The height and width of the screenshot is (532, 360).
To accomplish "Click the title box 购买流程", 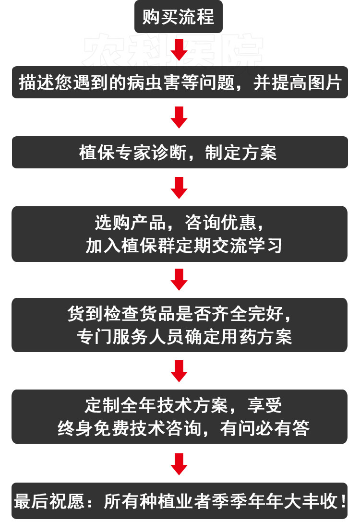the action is click(x=178, y=17).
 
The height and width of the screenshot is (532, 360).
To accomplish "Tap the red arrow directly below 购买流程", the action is click(x=179, y=49).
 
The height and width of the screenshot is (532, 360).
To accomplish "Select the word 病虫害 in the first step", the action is click(x=147, y=83).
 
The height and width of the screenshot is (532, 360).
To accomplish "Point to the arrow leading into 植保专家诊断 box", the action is click(x=179, y=118).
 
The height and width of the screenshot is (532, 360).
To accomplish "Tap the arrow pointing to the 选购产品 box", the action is click(x=179, y=188).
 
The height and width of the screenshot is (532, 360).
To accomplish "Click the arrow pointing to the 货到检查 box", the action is click(x=179, y=279).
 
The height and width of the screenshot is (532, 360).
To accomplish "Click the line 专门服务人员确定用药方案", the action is click(x=184, y=336).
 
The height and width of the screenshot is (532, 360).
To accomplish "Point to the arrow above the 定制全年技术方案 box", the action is click(x=179, y=371).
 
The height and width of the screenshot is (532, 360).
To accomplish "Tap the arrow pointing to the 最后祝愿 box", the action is click(x=179, y=463).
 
